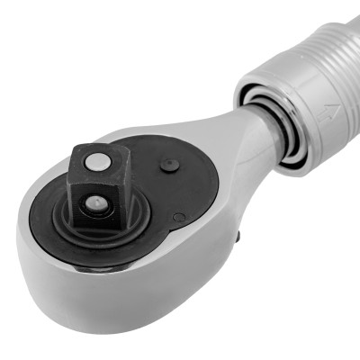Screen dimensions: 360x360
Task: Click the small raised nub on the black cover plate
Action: click(168, 165)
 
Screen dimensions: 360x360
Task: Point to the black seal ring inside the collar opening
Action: click(290, 144)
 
